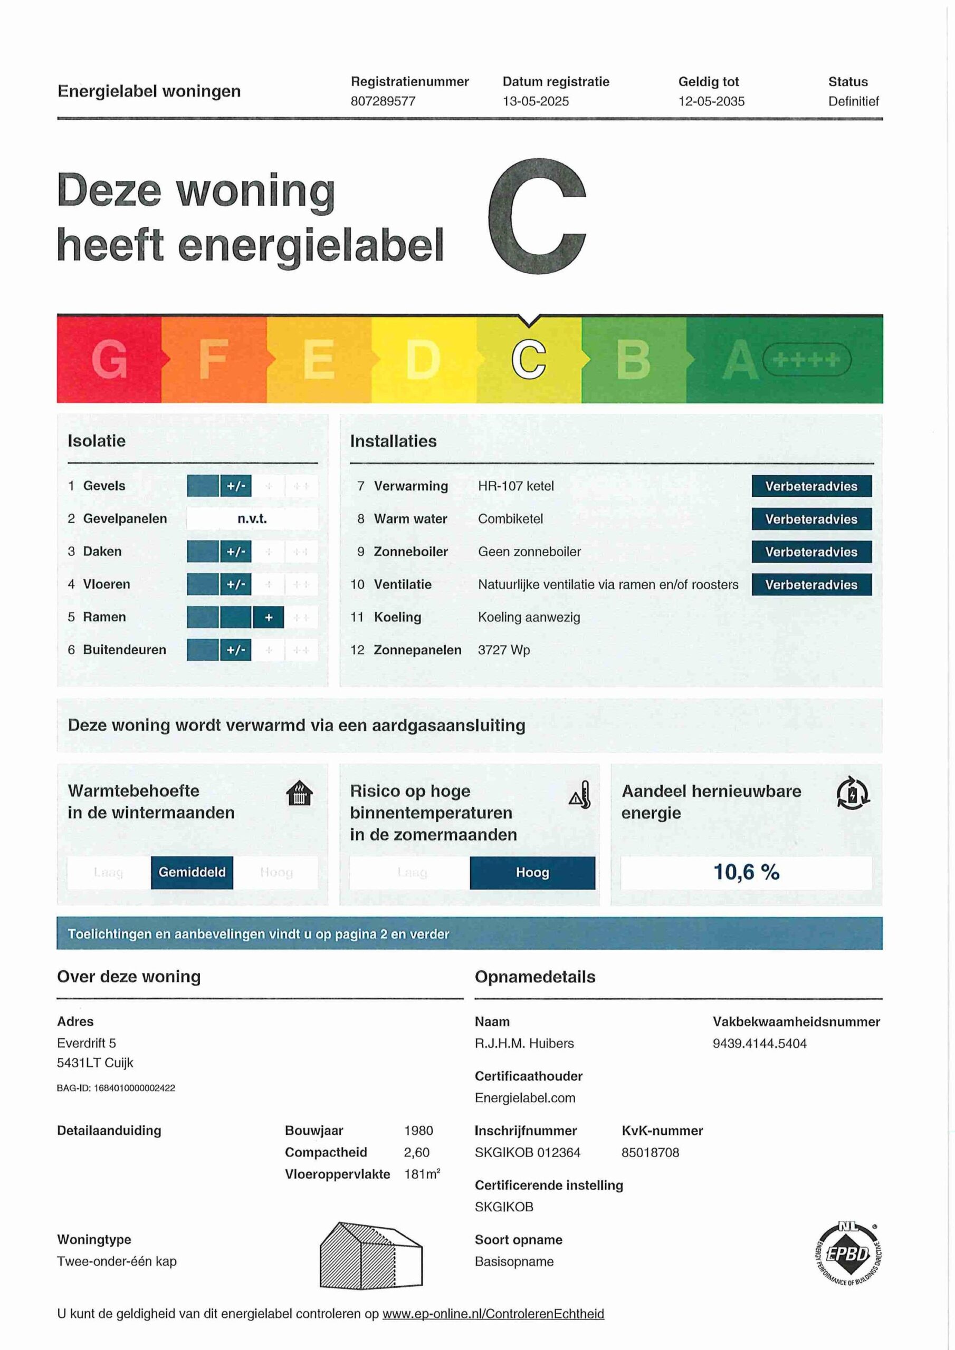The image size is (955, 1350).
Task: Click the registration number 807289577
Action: (x=383, y=101)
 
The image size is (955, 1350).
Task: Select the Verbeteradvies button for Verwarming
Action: (x=811, y=486)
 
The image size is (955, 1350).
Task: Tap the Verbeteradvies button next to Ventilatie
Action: (x=811, y=584)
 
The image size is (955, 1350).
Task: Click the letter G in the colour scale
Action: (x=109, y=359)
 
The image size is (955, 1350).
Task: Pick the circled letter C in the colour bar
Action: (x=528, y=359)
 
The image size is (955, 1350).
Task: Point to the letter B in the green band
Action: (x=633, y=359)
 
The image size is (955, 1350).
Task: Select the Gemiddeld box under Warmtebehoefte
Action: (x=192, y=872)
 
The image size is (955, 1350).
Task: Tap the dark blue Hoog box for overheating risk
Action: (x=532, y=873)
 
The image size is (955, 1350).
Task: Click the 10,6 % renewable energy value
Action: (x=746, y=872)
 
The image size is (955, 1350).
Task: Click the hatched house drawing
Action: (x=371, y=1255)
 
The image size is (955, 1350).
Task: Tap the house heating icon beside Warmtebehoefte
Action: (x=299, y=793)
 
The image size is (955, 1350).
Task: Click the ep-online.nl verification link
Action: (x=493, y=1314)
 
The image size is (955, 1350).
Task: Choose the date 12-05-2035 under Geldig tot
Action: (x=711, y=101)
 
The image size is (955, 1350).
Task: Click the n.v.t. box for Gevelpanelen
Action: (x=252, y=518)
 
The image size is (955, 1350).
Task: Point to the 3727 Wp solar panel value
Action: (x=504, y=650)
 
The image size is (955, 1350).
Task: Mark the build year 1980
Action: (x=418, y=1130)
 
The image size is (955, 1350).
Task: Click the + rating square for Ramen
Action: (x=269, y=618)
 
